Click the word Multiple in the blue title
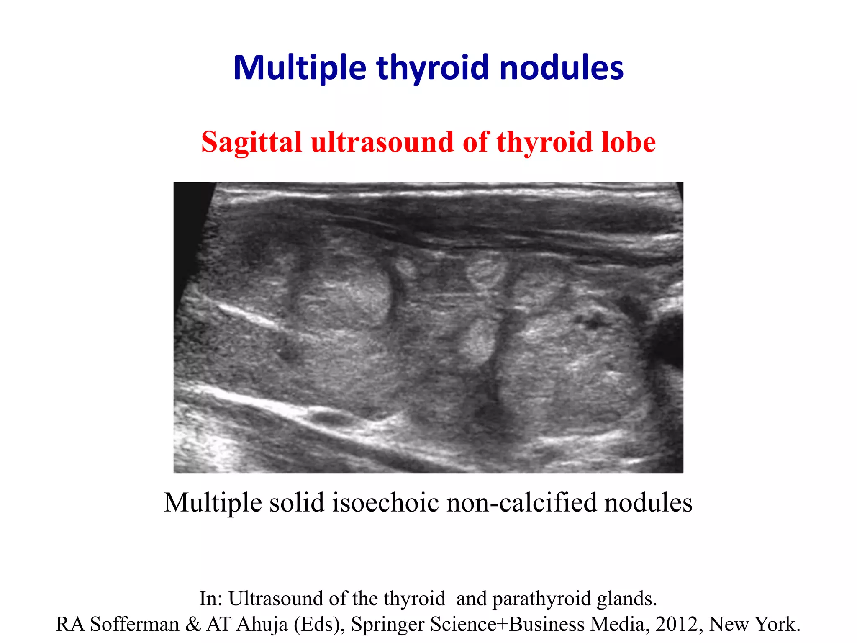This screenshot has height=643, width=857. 300,68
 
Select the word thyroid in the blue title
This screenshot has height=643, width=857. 433,68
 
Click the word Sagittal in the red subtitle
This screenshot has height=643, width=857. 251,142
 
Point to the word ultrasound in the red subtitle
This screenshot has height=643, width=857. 382,142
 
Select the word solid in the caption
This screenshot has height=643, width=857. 297,502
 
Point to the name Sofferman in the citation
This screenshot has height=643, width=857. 134,624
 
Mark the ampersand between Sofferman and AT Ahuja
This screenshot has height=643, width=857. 193,624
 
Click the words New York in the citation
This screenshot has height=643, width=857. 754,624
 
